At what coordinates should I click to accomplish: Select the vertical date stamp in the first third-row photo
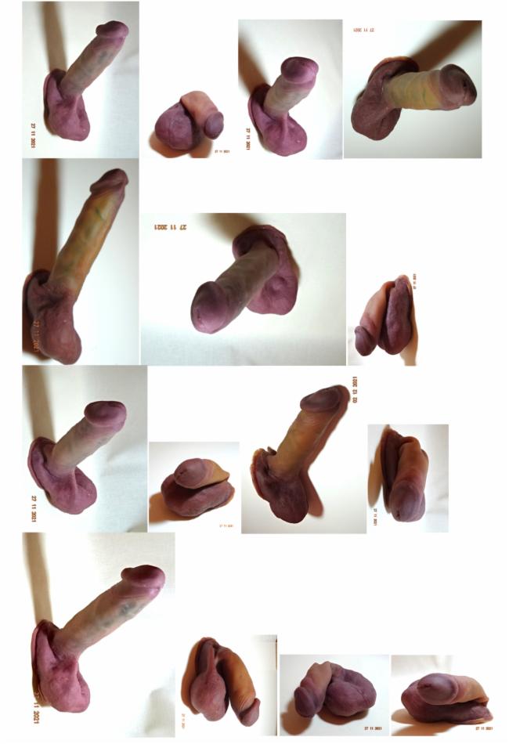tap(34, 507)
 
